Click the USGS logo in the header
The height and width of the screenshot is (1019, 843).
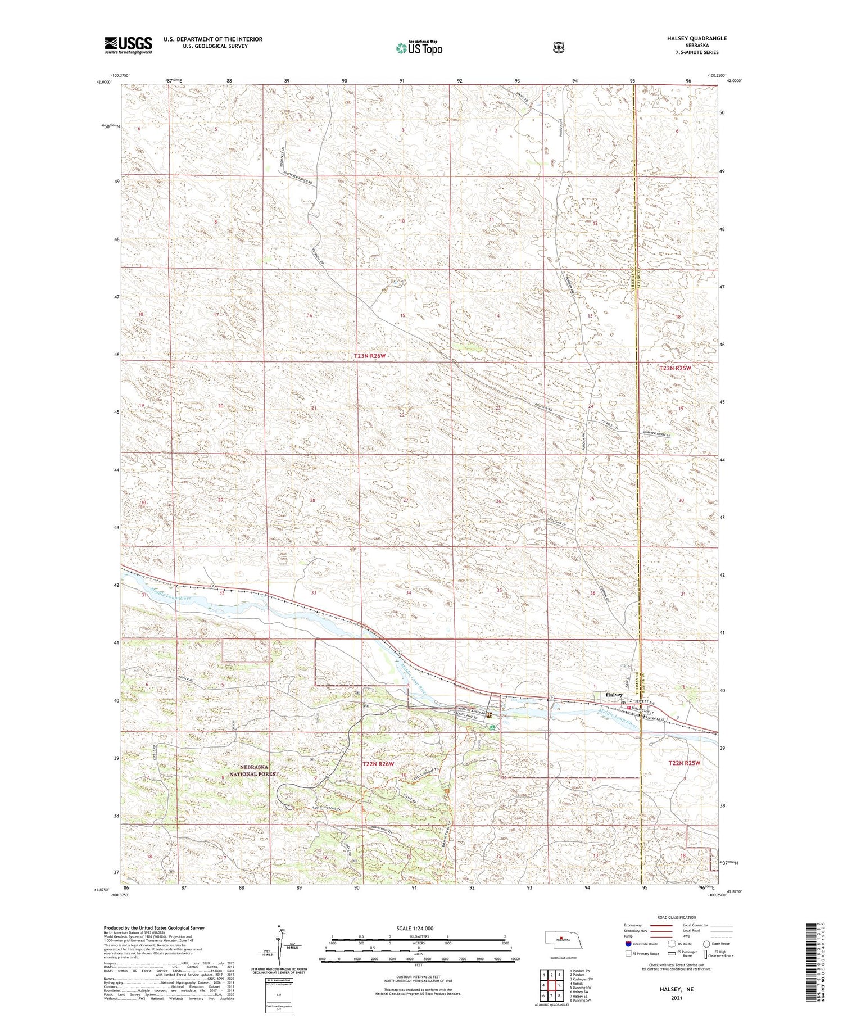pos(128,44)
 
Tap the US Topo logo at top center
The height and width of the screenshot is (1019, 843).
pos(419,48)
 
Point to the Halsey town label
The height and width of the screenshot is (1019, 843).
pos(614,695)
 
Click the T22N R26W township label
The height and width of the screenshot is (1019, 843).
pos(378,764)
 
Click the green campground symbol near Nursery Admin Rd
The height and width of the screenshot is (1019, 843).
pos(492,727)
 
